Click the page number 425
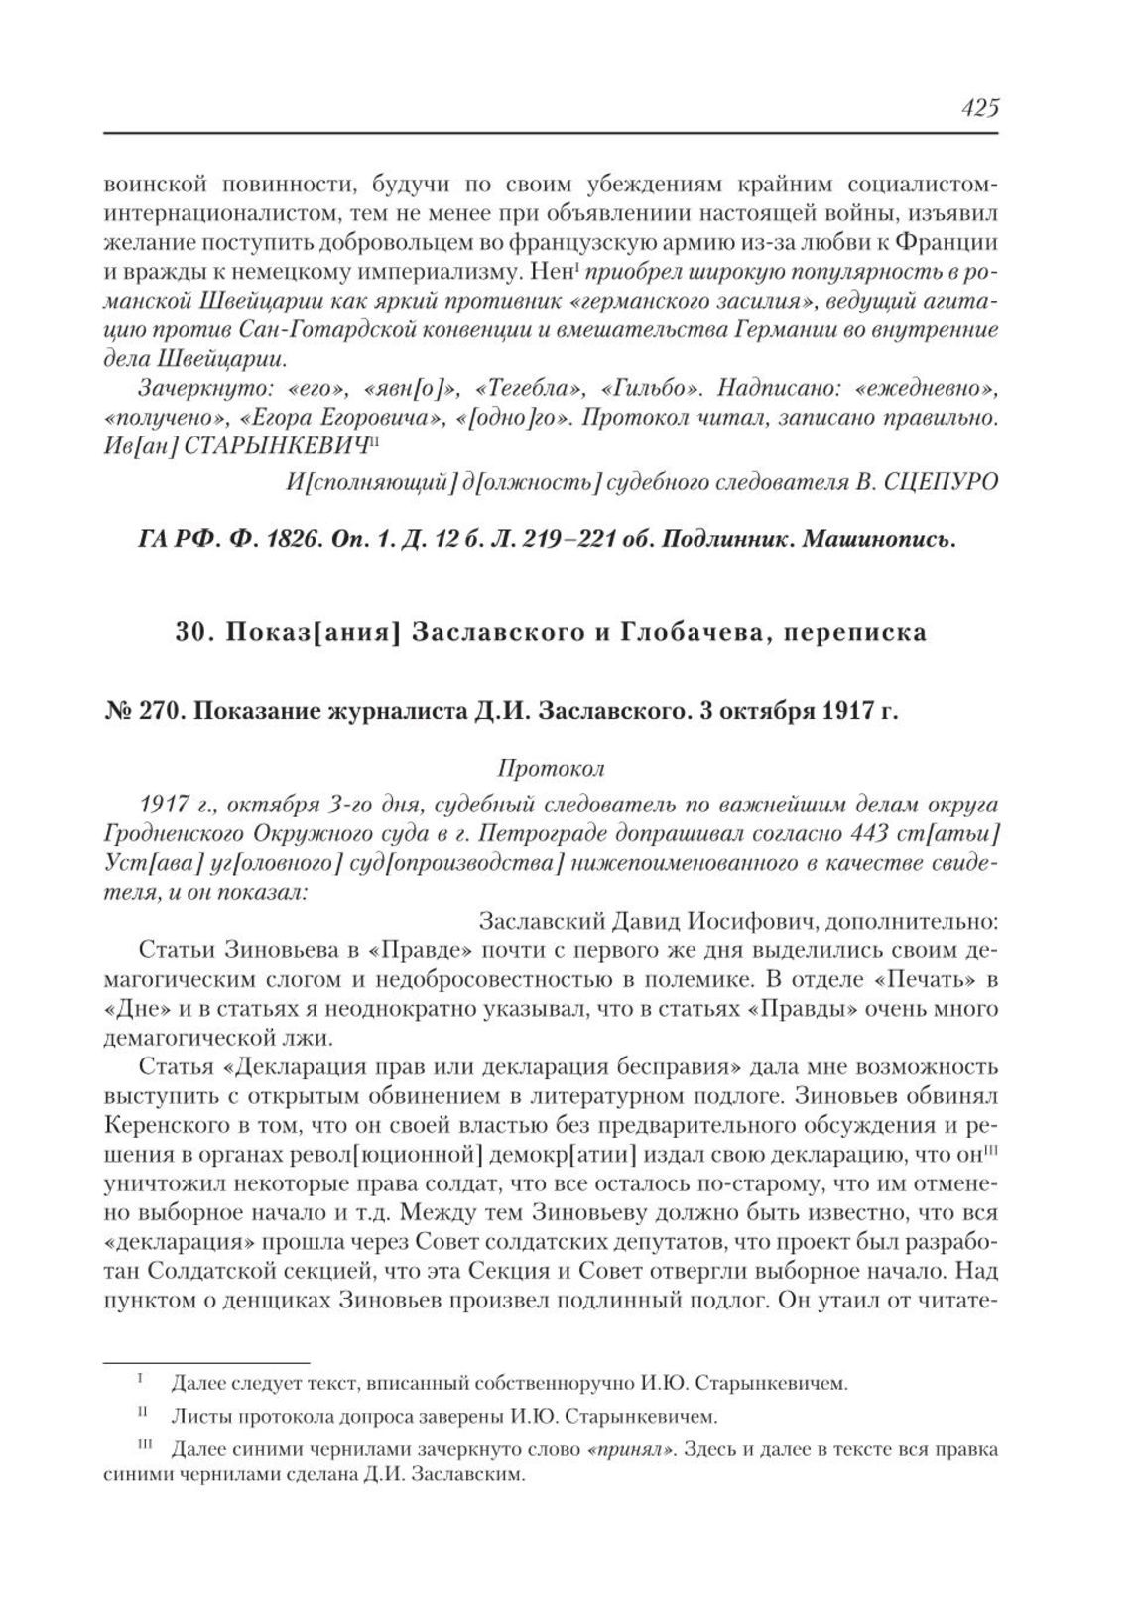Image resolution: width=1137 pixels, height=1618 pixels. pos(978,107)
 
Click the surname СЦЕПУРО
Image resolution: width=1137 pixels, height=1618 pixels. pos(941,481)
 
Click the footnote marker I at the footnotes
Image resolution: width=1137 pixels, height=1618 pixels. pos(140,1379)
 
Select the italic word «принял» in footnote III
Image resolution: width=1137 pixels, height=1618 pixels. pos(633,1449)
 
